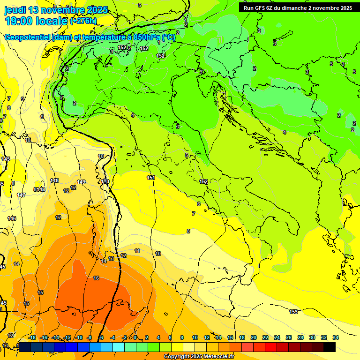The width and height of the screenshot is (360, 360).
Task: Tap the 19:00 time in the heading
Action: point(21,21)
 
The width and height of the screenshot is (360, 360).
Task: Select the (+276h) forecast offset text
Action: point(83,21)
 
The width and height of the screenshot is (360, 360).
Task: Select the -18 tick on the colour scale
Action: point(32,337)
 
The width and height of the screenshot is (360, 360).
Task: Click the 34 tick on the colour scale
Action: point(336,337)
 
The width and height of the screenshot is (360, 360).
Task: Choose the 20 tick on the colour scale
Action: point(254,337)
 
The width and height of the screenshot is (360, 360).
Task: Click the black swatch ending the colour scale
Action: point(330,347)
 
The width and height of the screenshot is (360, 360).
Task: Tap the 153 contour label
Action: point(293,312)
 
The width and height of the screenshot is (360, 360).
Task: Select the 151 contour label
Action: point(151,178)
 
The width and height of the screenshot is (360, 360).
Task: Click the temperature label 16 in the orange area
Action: point(96,278)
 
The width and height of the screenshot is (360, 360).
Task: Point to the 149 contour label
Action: point(81,182)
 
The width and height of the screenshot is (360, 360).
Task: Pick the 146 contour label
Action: point(12,218)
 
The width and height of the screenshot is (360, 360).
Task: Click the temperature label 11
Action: point(137,251)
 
